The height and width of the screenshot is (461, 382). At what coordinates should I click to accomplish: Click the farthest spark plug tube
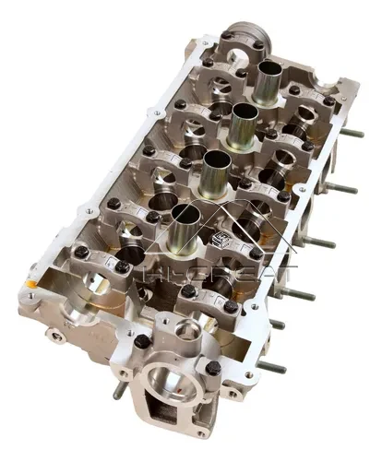tap(269, 81)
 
